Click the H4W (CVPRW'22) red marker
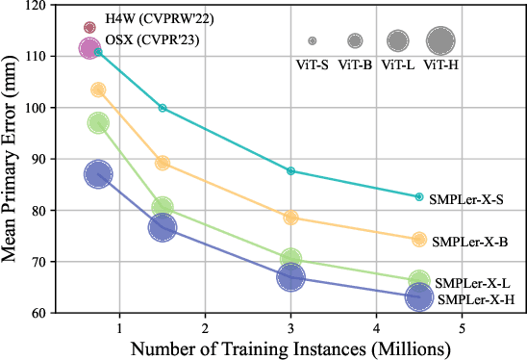90,28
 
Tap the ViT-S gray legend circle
313,41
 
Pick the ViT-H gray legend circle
440,40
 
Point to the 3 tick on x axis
290,329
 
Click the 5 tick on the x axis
463,329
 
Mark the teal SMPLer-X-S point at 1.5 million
163,108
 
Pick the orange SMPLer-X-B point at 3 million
290,218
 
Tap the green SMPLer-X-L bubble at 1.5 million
163,208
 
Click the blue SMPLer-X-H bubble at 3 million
290,277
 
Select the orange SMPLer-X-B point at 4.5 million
419,240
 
